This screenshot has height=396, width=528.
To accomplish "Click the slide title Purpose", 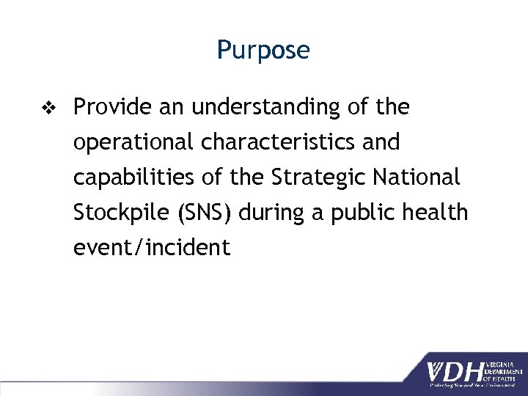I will (263, 51).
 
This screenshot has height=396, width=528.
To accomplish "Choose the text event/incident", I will (152, 248).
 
